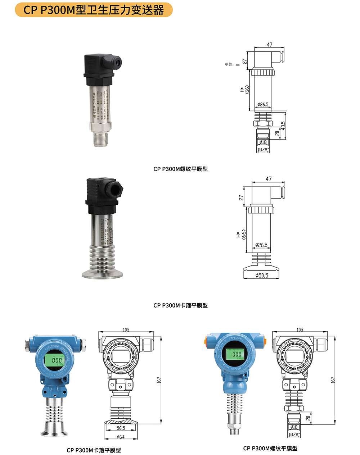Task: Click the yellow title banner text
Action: pyautogui.click(x=94, y=10)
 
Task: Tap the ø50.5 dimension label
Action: pyautogui.click(x=262, y=276)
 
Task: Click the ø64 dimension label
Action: pyautogui.click(x=121, y=437)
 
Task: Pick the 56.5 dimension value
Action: pyautogui.click(x=121, y=428)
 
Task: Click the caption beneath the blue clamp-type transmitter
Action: pyautogui.click(x=94, y=450)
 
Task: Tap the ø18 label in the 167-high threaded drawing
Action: pyautogui.click(x=294, y=427)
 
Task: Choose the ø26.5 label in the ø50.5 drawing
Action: pyautogui.click(x=261, y=245)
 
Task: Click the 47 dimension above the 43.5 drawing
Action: pyautogui.click(x=269, y=45)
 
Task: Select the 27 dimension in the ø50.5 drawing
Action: pyautogui.click(x=241, y=198)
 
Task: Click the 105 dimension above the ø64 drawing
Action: pyautogui.click(x=126, y=329)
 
